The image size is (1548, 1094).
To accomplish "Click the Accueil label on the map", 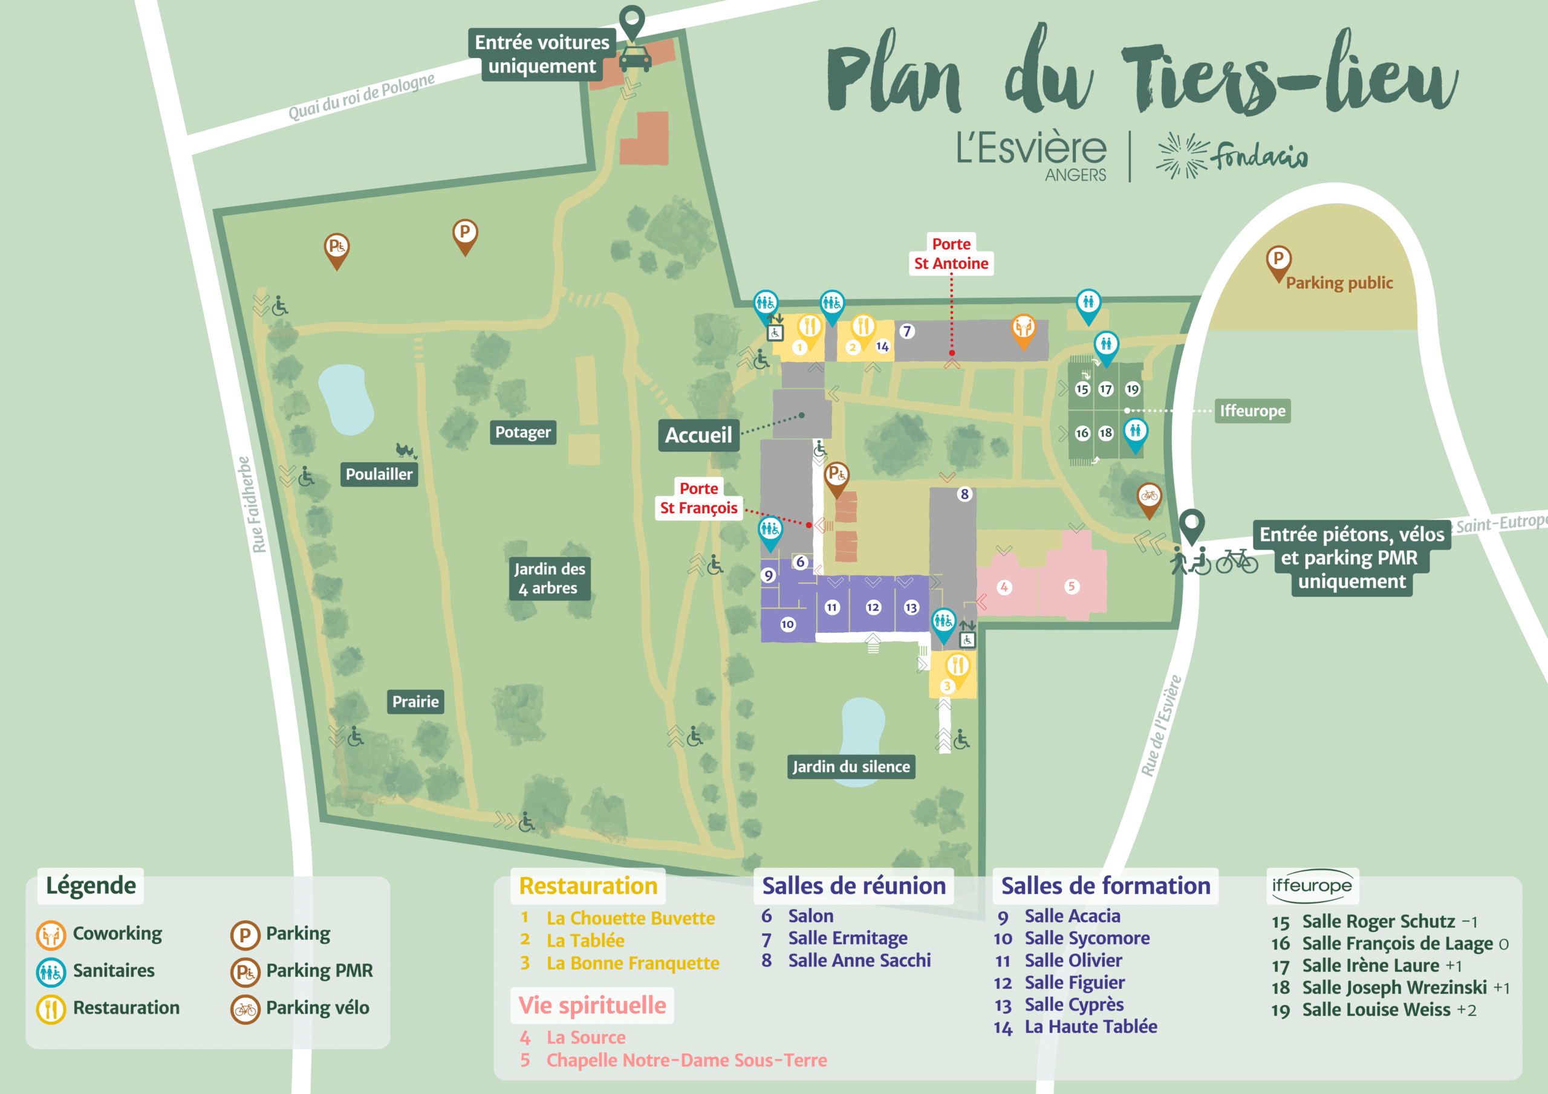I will [x=698, y=435].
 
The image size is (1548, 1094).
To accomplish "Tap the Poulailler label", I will [x=379, y=474].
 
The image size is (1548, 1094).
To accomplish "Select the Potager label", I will [x=522, y=432].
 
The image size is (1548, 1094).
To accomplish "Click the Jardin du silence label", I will [x=851, y=766].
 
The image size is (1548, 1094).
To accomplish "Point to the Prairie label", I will [x=415, y=702].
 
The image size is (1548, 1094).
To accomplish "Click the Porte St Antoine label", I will [x=951, y=254].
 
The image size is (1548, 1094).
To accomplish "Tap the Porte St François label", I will [x=698, y=498].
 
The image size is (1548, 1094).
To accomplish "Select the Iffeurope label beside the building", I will [x=1252, y=410].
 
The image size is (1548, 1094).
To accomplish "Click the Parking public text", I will [x=1338, y=283].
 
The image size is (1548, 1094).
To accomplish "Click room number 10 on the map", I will [x=787, y=624].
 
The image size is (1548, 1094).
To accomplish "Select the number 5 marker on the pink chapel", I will [x=1072, y=586].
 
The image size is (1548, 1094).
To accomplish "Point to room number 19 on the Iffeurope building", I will [x=1132, y=389].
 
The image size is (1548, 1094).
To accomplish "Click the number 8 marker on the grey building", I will [x=964, y=494].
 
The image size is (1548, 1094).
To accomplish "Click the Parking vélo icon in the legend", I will [x=246, y=1009].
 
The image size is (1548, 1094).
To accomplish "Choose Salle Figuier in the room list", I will [x=1074, y=982].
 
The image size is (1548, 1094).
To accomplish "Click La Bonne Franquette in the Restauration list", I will [x=633, y=963].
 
